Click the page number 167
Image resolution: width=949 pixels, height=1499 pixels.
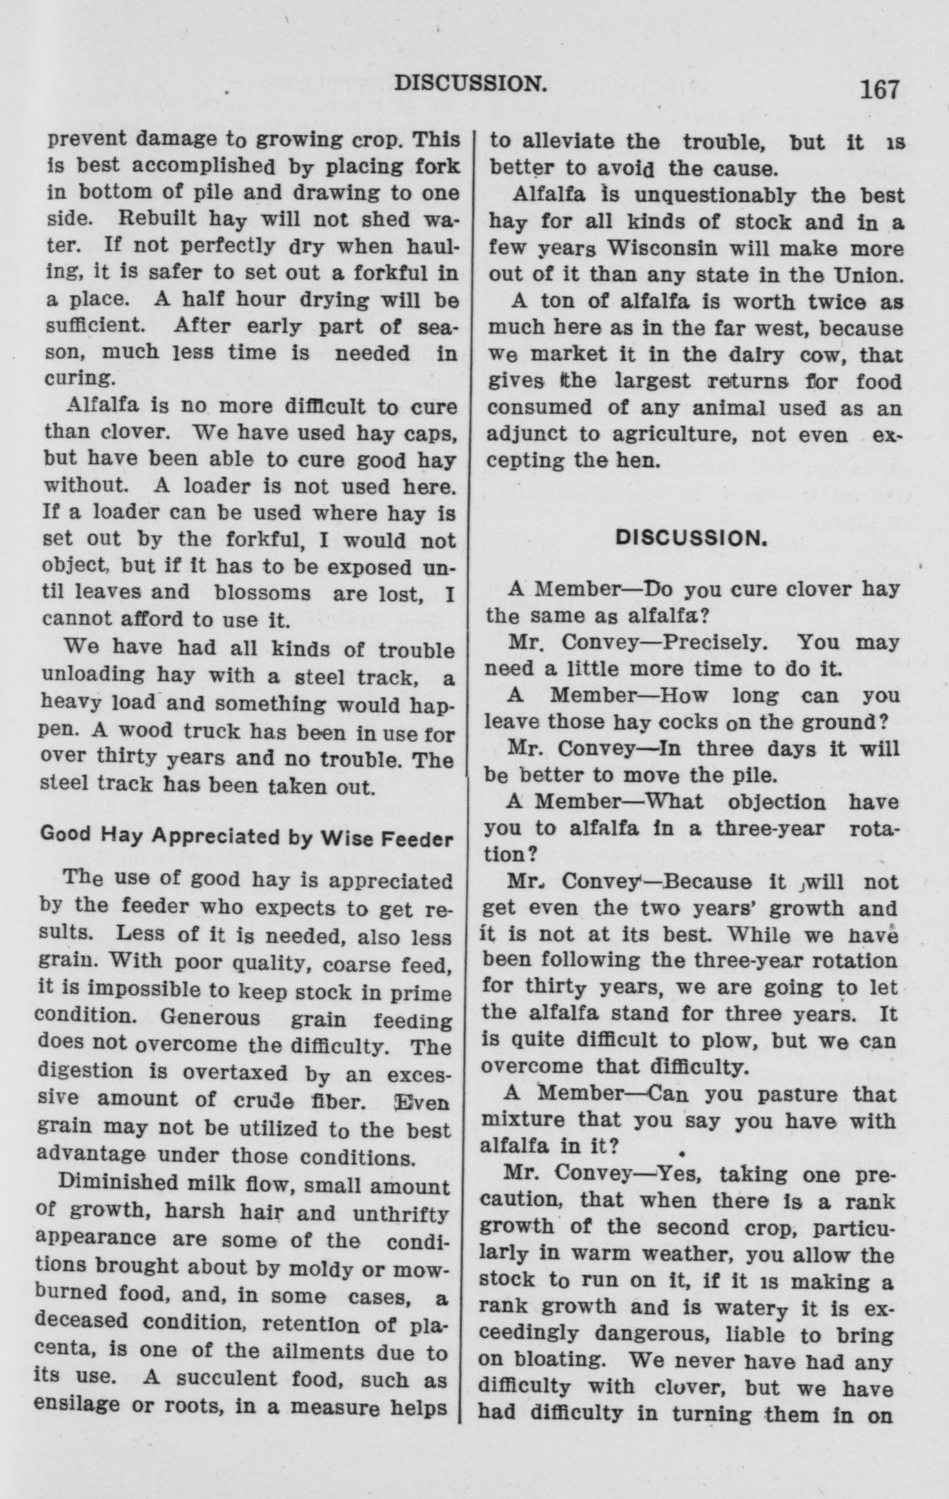pos(878,88)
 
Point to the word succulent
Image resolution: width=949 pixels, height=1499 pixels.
pos(228,1379)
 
